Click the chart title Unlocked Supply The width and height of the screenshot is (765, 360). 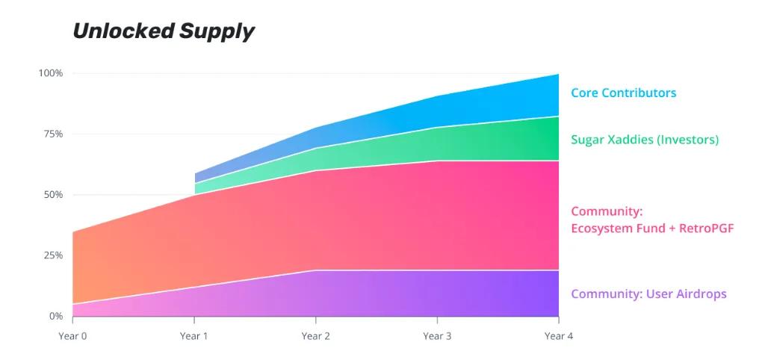pyautogui.click(x=163, y=31)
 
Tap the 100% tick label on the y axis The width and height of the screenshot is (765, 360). pyautogui.click(x=51, y=73)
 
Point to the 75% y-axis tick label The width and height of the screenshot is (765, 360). pyautogui.click(x=52, y=134)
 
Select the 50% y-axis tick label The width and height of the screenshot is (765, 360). pyautogui.click(x=52, y=195)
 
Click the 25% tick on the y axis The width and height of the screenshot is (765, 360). pyautogui.click(x=52, y=255)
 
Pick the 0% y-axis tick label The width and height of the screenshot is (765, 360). pyautogui.click(x=55, y=316)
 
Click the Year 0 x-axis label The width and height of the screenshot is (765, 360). pyautogui.click(x=72, y=336)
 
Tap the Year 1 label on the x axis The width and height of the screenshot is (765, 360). pyautogui.click(x=194, y=336)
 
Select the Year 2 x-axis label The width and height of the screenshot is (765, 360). pyautogui.click(x=316, y=336)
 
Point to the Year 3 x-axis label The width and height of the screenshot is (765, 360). pyautogui.click(x=437, y=336)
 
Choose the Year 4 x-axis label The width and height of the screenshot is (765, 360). pyautogui.click(x=559, y=336)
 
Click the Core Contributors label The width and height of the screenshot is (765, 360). pyautogui.click(x=623, y=93)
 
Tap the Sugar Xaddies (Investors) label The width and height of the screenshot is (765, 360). pyautogui.click(x=644, y=140)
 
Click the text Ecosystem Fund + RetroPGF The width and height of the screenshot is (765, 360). pyautogui.click(x=652, y=228)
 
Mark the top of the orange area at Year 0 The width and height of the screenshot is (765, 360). pyautogui.click(x=73, y=232)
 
